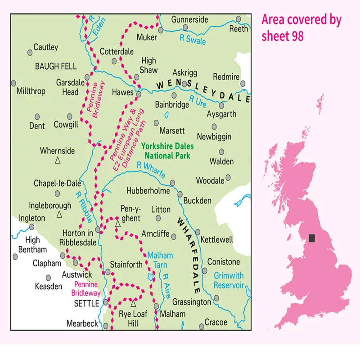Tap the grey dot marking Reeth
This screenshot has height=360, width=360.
(x=238, y=19)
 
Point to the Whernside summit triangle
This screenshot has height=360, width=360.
(x=58, y=160)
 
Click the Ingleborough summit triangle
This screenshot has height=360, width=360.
(x=59, y=214)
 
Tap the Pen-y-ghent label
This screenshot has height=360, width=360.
(x=131, y=213)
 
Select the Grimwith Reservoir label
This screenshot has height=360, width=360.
(x=229, y=280)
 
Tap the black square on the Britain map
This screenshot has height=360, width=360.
(x=312, y=238)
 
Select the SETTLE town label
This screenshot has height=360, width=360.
(x=86, y=304)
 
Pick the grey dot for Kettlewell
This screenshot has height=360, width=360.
(x=198, y=232)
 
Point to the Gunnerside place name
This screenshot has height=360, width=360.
(x=189, y=20)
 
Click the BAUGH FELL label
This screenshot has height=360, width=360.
(x=56, y=66)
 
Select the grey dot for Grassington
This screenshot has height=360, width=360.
(x=216, y=297)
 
